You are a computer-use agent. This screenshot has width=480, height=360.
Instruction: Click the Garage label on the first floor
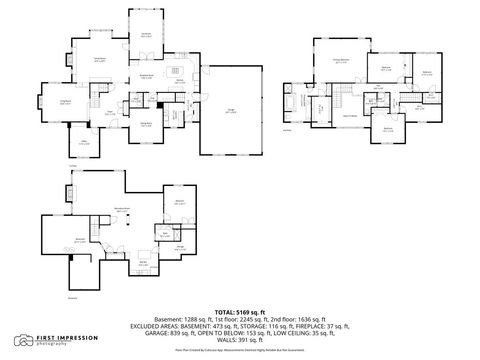231,112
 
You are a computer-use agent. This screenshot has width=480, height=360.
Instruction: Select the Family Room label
100,61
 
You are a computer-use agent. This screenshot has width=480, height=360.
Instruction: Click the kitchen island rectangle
174,70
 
